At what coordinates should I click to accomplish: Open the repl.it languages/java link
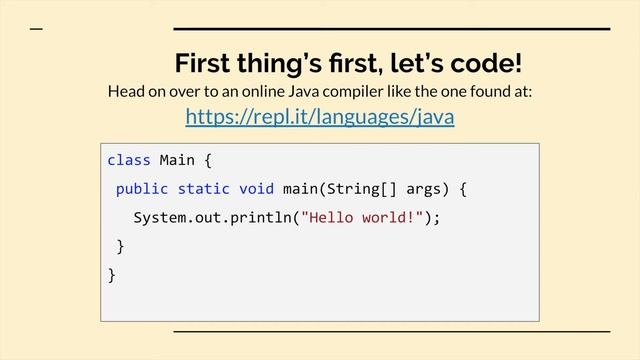(320, 118)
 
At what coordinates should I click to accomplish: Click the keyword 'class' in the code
(128, 160)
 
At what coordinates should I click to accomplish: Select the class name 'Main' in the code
(177, 160)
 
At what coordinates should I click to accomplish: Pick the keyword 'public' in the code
(142, 188)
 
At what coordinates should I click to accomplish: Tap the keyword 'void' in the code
(256, 188)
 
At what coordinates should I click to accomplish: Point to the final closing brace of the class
(112, 274)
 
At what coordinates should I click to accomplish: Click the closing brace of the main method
(121, 246)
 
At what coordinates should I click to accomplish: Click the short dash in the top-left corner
(37, 29)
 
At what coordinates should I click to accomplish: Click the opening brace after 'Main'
(207, 160)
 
